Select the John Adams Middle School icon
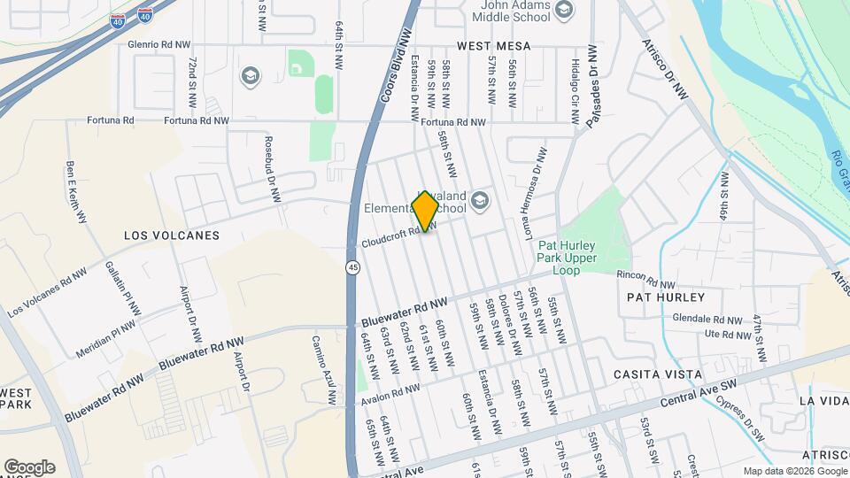pos(565,10)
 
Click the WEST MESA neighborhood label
pos(493,45)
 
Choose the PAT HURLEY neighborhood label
pos(665,297)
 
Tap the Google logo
pos(29,467)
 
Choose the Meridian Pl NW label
pos(105,335)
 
